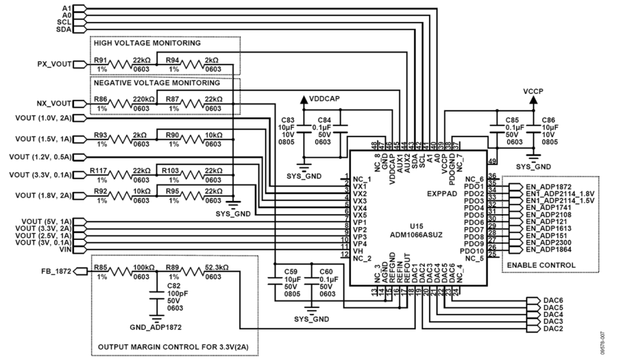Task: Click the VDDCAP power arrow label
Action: click(325, 98)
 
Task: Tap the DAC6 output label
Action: click(553, 301)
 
